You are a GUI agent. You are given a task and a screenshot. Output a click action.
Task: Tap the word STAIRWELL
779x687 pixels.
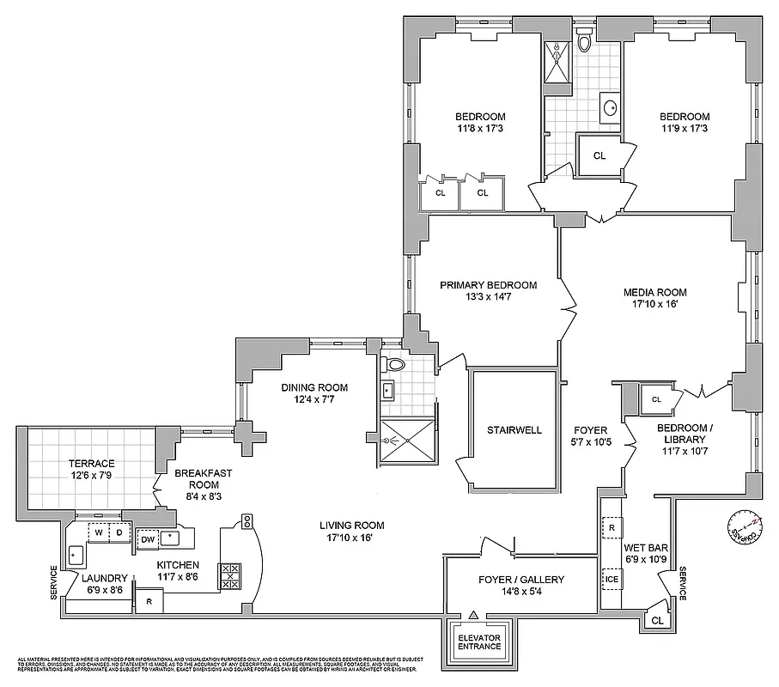(x=514, y=429)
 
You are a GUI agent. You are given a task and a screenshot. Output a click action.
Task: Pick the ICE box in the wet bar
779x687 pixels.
(x=611, y=579)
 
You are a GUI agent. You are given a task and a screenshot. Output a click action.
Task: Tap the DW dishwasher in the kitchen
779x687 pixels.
(x=148, y=538)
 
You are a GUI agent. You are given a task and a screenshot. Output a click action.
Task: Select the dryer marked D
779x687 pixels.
(x=118, y=533)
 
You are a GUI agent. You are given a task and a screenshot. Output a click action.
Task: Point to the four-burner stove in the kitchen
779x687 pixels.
(x=230, y=575)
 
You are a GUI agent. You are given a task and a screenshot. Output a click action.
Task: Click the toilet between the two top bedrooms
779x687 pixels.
(x=585, y=41)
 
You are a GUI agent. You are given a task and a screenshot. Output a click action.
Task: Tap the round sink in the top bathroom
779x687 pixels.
(x=612, y=108)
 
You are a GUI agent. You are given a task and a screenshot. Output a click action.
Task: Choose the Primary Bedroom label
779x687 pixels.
(x=488, y=286)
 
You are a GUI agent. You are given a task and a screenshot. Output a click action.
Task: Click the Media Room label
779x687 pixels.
(x=654, y=292)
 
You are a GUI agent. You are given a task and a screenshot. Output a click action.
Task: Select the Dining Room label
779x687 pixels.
(x=313, y=386)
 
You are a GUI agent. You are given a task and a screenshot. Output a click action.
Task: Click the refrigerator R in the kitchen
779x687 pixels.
(x=149, y=601)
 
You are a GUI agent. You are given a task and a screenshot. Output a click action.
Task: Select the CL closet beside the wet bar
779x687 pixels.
(x=657, y=619)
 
